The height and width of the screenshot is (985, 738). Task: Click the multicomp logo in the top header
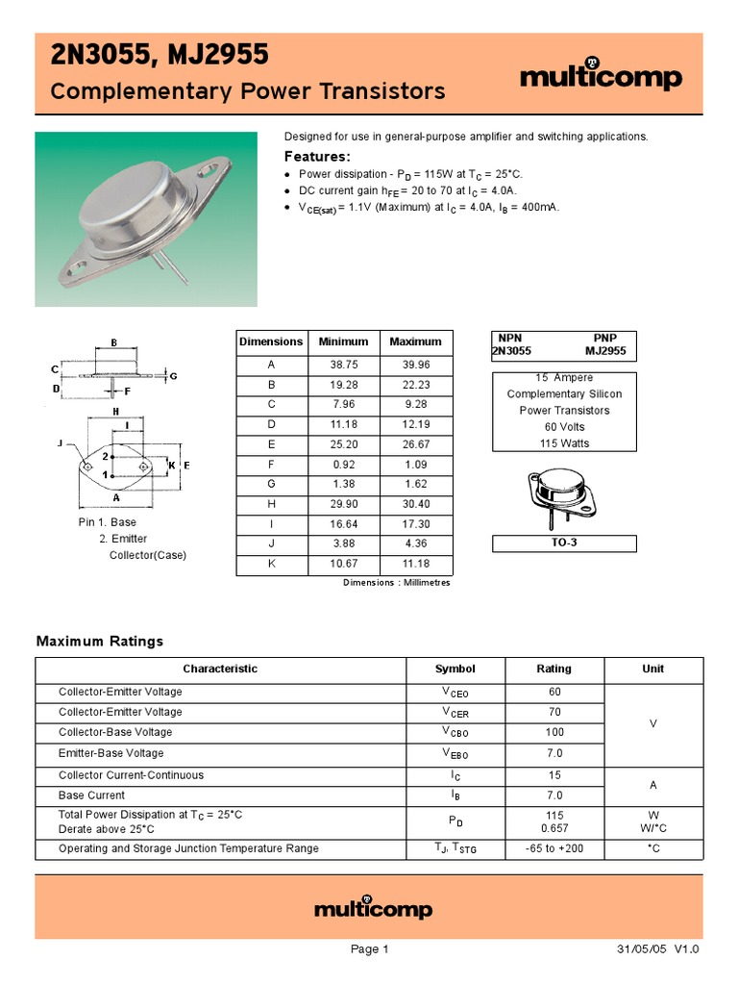602,77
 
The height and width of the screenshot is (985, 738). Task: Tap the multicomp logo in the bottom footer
374,908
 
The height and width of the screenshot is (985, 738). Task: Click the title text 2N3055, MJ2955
160,57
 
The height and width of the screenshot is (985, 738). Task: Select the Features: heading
318,157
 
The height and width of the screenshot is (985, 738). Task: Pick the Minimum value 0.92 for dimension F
343,465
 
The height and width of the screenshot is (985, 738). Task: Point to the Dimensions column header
271,341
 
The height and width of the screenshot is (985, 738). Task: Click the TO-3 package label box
564,543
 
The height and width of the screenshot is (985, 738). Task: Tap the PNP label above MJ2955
604,339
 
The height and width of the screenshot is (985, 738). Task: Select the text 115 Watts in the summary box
564,443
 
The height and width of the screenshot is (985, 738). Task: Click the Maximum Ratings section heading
100,641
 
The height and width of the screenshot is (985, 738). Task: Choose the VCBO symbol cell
455,733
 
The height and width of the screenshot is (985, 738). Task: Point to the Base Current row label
91,796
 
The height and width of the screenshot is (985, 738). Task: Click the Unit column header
652,669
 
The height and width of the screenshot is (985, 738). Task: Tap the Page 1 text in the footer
369,949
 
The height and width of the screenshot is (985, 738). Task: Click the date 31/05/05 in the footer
642,949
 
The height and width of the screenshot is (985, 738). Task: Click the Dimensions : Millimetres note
396,583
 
